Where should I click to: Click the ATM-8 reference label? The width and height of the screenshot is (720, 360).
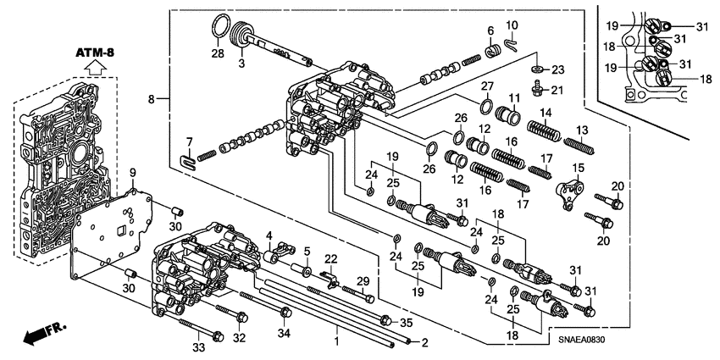(x=95, y=53)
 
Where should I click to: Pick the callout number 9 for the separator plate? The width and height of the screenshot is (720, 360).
(x=132, y=174)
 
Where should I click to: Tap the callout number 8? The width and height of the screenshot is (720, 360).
(x=152, y=99)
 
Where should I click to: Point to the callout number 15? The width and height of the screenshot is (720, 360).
(x=579, y=168)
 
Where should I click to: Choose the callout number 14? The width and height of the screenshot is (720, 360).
(x=546, y=113)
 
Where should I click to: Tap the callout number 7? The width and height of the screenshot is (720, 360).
(x=190, y=141)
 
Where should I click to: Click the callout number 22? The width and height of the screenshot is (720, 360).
(x=331, y=258)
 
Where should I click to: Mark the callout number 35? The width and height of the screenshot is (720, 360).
(x=407, y=322)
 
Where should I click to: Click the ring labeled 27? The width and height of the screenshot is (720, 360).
(x=487, y=105)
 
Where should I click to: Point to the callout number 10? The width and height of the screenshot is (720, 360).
(x=512, y=25)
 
